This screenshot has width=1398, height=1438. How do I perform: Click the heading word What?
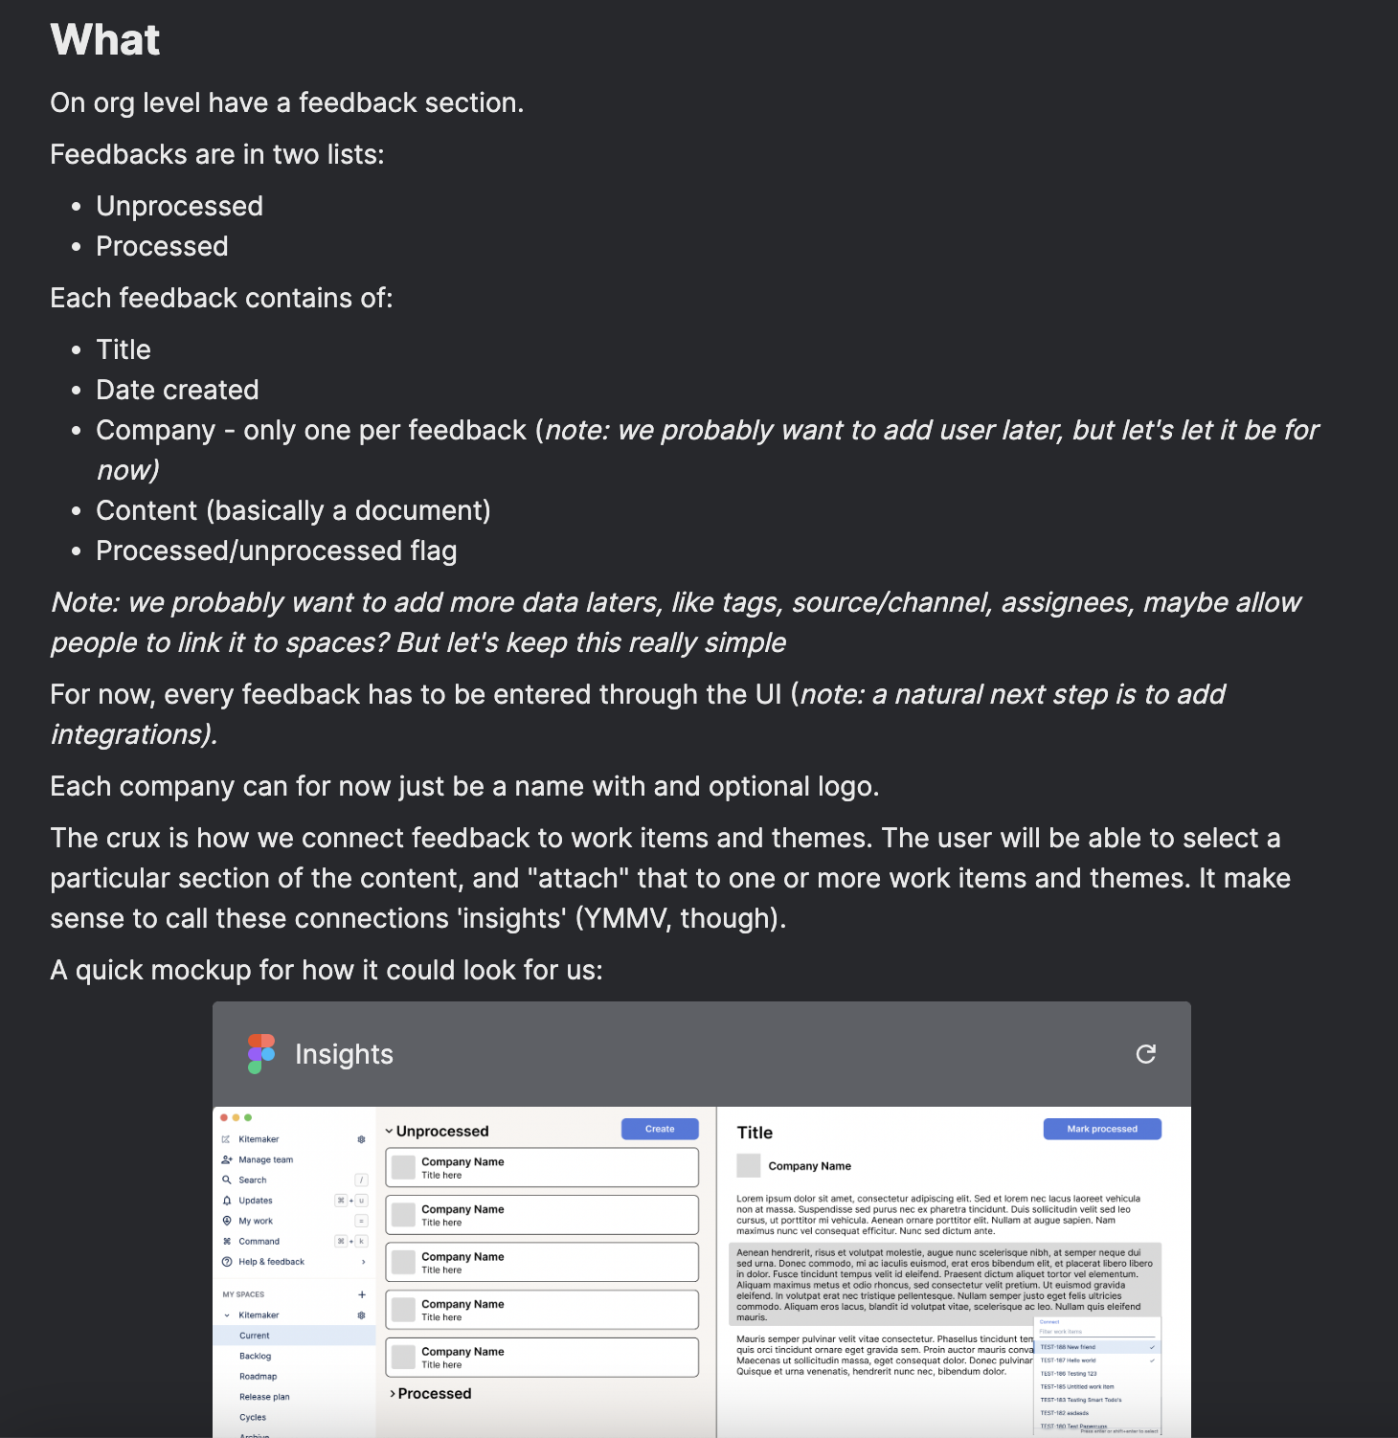(105, 40)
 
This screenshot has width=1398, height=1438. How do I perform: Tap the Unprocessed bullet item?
(179, 206)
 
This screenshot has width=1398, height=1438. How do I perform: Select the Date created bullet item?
(177, 390)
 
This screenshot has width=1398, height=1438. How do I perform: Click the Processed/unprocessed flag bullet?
(276, 550)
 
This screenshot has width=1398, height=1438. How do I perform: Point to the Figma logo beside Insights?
(261, 1054)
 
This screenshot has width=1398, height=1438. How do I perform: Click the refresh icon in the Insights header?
(1145, 1054)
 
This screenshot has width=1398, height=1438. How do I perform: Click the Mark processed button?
(1102, 1129)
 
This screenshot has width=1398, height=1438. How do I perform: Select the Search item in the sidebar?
(253, 1180)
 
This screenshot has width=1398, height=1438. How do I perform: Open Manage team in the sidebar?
(265, 1159)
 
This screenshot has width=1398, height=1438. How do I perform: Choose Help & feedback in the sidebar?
(271, 1262)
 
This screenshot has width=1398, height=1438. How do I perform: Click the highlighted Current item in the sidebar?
(255, 1336)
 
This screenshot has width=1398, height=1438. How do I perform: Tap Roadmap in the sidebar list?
(258, 1377)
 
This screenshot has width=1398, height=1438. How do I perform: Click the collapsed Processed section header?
(434, 1394)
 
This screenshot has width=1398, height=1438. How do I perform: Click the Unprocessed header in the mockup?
(441, 1132)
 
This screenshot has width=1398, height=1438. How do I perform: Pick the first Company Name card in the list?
(542, 1168)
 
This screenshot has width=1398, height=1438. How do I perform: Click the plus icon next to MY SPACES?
(362, 1294)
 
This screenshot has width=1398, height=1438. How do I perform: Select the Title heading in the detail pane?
(755, 1133)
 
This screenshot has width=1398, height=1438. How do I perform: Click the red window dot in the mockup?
(224, 1117)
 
